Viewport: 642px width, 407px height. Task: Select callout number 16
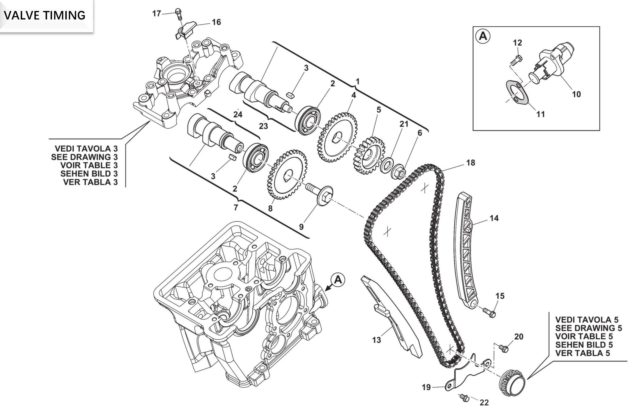(x=216, y=22)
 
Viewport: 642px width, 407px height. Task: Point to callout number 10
(x=576, y=94)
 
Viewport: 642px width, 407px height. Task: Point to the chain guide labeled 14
(x=466, y=250)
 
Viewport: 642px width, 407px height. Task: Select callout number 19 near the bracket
(x=426, y=387)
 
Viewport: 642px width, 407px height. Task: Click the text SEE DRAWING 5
(x=588, y=328)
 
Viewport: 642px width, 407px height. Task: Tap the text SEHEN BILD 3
(x=89, y=174)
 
